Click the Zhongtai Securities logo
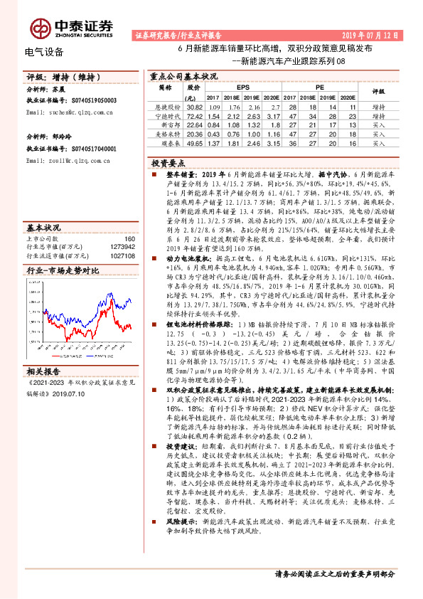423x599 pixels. (x=72, y=28)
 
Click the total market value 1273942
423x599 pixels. (x=123, y=247)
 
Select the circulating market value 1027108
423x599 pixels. (x=123, y=255)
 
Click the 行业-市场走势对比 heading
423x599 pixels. (x=62, y=271)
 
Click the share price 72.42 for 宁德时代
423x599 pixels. (x=193, y=115)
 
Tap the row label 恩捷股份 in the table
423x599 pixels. (x=165, y=105)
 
